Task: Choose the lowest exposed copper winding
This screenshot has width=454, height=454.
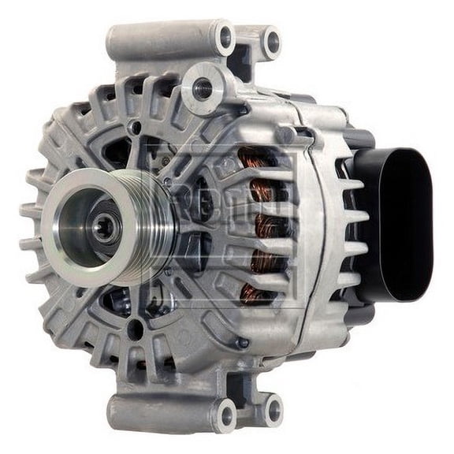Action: pos(254,293)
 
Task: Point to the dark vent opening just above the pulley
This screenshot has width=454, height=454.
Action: pos(118,151)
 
